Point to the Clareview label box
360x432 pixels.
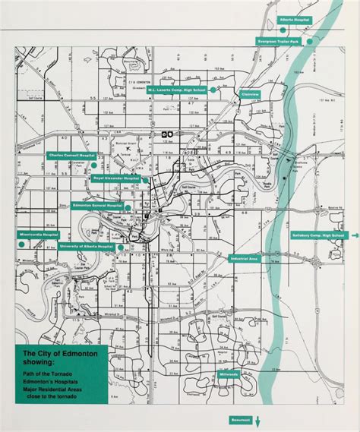click(x=250, y=94)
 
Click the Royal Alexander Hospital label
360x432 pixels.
click(x=116, y=178)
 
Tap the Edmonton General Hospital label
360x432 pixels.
click(x=97, y=206)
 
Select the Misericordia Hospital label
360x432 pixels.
click(x=40, y=235)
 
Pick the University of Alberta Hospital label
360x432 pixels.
click(x=90, y=248)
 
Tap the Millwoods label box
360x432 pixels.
click(x=228, y=374)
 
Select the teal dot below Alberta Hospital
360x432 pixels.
click(x=283, y=29)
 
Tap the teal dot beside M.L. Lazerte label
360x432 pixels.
click(x=213, y=90)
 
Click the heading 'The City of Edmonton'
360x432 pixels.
click(x=50, y=354)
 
